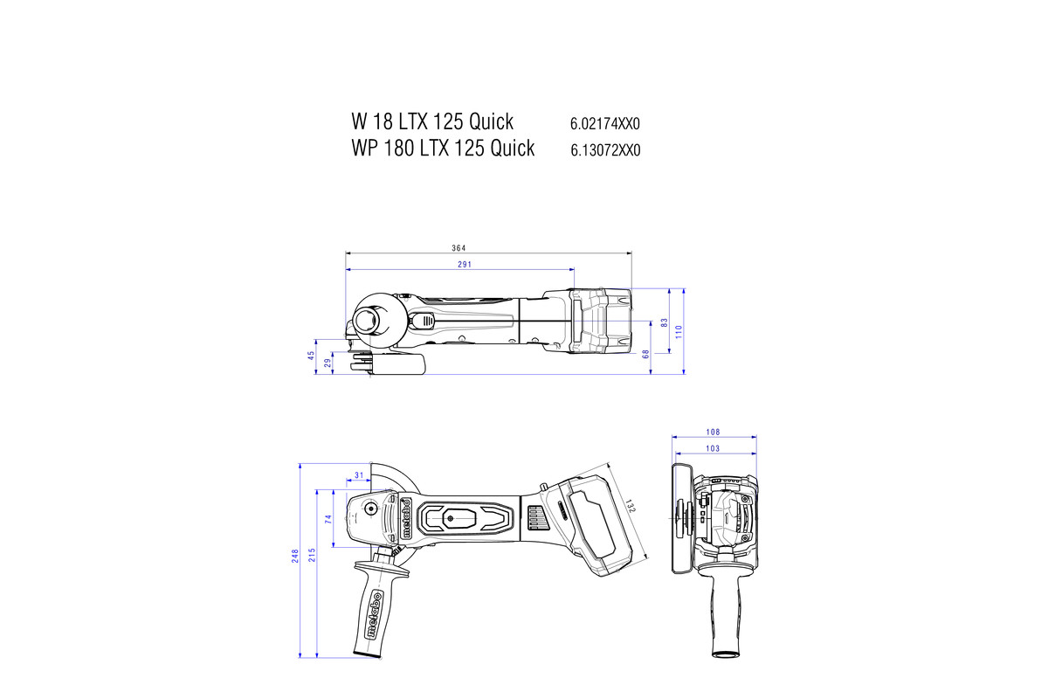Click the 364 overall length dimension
click(458, 248)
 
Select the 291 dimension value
click(464, 264)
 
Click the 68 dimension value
click(645, 354)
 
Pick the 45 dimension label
click(310, 356)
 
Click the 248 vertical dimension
click(295, 557)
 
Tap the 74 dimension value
click(329, 519)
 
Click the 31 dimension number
click(359, 475)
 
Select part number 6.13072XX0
click(605, 150)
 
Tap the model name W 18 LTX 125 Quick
click(432, 121)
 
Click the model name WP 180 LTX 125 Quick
click(443, 148)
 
